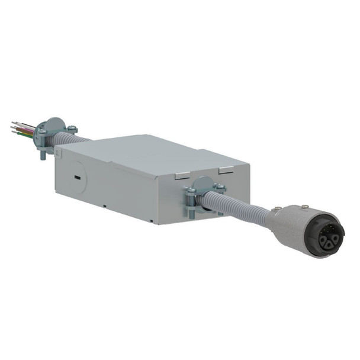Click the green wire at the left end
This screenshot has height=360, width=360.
point(23,134)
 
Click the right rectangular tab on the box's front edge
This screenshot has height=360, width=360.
point(226,171)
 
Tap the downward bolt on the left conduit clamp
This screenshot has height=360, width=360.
point(43,156)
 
